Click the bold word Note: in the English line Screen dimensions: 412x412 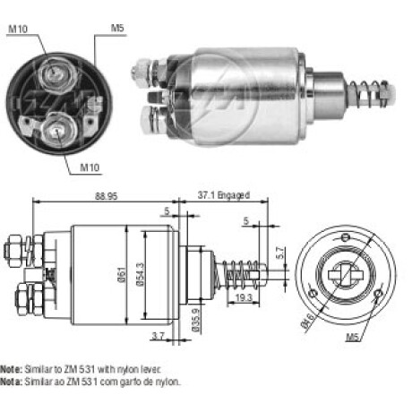click(x=11, y=369)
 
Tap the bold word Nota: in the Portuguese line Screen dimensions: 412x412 click(x=11, y=381)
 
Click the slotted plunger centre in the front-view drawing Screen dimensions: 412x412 click(x=345, y=269)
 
